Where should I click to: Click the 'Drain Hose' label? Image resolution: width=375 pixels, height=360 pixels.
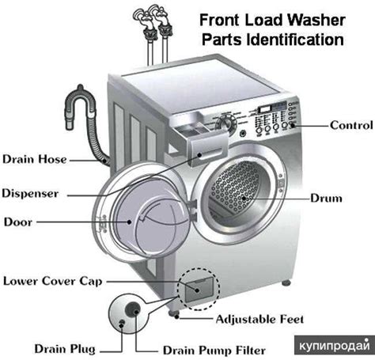tap(34, 160)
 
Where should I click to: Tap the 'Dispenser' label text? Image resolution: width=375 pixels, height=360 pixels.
tap(32, 192)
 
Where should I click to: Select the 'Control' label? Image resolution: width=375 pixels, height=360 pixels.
tap(351, 124)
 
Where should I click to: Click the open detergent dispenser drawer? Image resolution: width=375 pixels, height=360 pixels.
tap(203, 147)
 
